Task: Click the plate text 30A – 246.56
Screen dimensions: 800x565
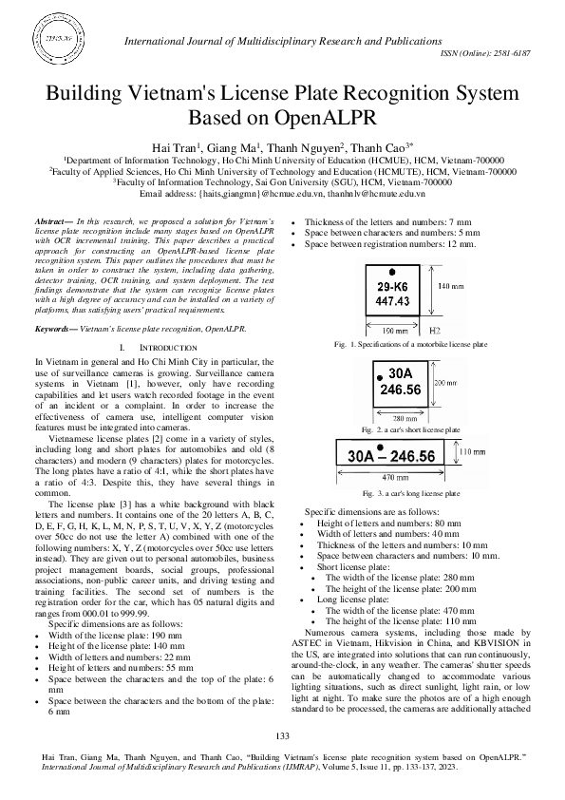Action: (x=391, y=457)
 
